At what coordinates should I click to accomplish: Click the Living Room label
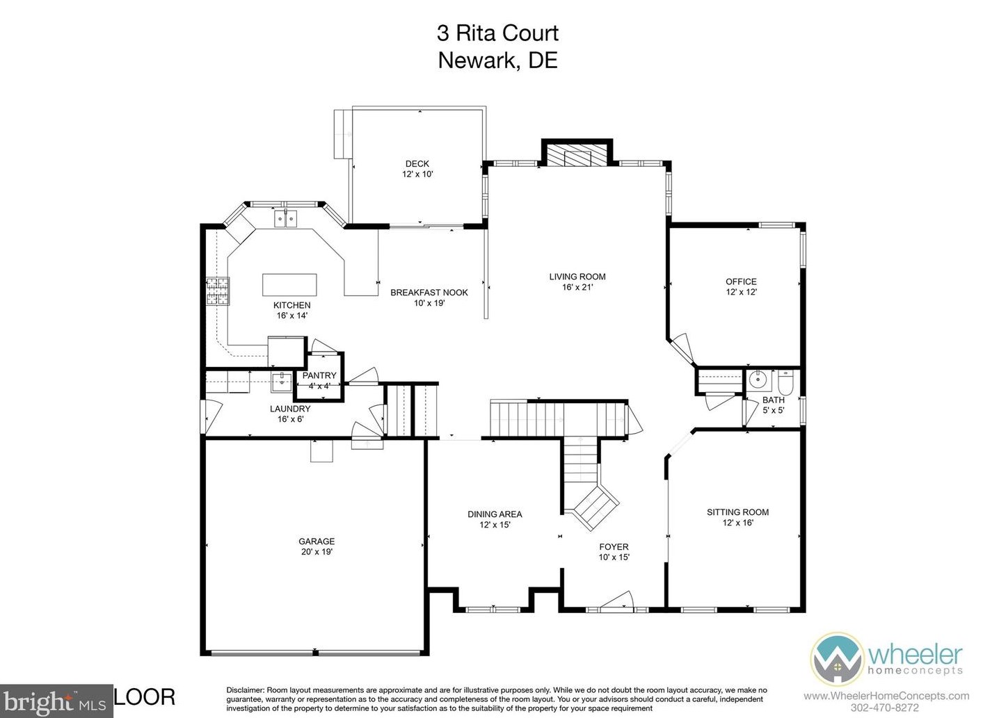pos(577,277)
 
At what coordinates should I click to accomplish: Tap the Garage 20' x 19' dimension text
pos(317,552)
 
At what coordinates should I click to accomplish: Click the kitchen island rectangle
pos(289,285)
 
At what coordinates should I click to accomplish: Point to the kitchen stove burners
pos(218,291)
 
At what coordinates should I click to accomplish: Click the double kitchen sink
pos(286,218)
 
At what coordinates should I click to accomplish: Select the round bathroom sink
pos(758,379)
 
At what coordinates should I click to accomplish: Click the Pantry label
pos(319,375)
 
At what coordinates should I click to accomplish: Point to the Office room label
pos(741,282)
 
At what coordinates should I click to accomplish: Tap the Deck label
pos(417,164)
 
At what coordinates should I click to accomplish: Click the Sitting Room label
pos(738,512)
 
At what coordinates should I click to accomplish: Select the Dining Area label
pos(495,514)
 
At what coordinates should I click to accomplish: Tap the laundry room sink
pos(282,382)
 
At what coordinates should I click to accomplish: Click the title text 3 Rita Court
pos(498,33)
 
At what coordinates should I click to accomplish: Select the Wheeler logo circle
pos(837,659)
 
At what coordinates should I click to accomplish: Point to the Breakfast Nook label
pos(429,293)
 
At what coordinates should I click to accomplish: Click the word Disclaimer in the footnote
pos(246,690)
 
